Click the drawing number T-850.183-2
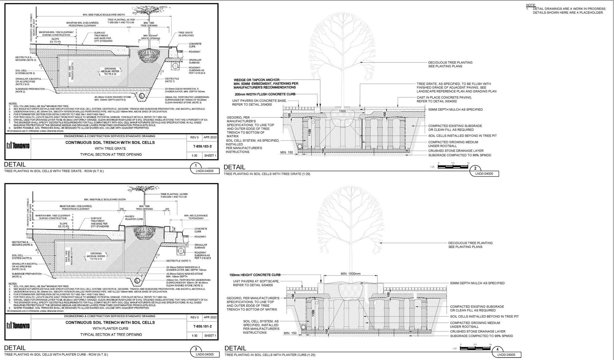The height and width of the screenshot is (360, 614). tap(202, 147)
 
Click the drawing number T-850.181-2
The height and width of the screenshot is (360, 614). tap(202, 326)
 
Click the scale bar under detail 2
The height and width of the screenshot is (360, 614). tap(453, 167)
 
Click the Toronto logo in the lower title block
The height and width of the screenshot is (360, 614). tap(18, 325)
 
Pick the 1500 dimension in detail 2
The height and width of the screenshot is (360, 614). tap(342, 111)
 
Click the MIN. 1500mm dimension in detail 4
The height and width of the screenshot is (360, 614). tap(351, 274)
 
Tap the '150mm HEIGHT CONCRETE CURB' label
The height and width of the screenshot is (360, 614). tap(255, 275)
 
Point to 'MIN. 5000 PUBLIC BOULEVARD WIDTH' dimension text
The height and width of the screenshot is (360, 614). tap(104, 15)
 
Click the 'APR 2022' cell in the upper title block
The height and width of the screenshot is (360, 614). tap(210, 137)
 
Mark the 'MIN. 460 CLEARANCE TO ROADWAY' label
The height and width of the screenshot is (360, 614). tap(196, 217)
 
